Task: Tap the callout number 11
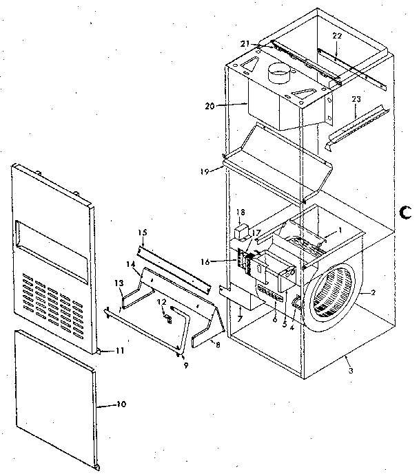coord(119,351)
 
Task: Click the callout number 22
coord(336,36)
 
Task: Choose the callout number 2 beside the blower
coord(373,293)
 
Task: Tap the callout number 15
coord(143,233)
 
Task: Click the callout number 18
coord(241,213)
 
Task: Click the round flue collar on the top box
coord(280,72)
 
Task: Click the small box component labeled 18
coord(242,231)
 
